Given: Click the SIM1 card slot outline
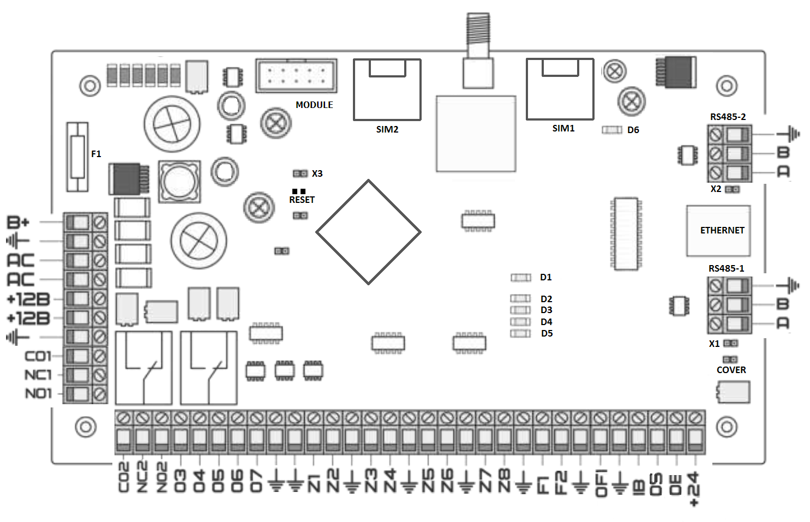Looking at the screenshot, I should click(x=560, y=89).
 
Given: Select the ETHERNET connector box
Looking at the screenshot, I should click(x=718, y=231).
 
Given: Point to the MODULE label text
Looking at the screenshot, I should click(x=314, y=105).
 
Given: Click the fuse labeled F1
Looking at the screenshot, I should click(x=77, y=157).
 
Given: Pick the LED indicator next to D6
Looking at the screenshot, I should click(x=611, y=130).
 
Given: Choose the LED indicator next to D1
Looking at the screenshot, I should click(x=520, y=278).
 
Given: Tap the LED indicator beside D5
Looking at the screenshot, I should click(x=520, y=333).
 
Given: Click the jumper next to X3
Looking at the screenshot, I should click(x=300, y=173).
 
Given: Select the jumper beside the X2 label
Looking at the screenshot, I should click(x=733, y=189).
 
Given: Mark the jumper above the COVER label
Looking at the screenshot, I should click(x=730, y=359).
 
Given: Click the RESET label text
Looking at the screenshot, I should click(x=302, y=200).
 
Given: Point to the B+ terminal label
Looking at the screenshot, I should click(x=18, y=222).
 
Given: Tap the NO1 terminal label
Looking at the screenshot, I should click(x=38, y=393).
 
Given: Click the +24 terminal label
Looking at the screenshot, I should click(x=693, y=488).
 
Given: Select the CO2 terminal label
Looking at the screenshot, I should click(x=124, y=477).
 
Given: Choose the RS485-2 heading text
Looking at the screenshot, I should click(x=728, y=117).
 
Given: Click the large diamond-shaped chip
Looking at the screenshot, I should click(x=368, y=232).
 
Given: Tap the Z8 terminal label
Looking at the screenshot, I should click(x=504, y=480).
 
